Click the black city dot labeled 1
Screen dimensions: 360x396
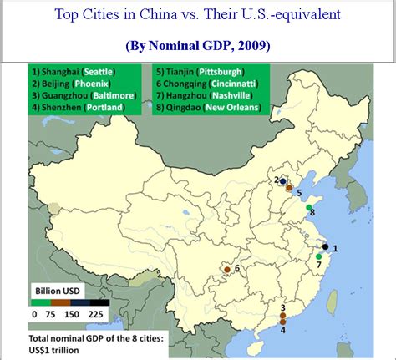[x=325, y=247]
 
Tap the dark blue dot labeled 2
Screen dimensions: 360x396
[x=283, y=181]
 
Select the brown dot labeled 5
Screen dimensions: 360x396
[x=289, y=189]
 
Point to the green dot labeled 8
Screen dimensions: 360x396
[x=308, y=207]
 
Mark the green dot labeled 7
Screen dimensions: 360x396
[x=318, y=256]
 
